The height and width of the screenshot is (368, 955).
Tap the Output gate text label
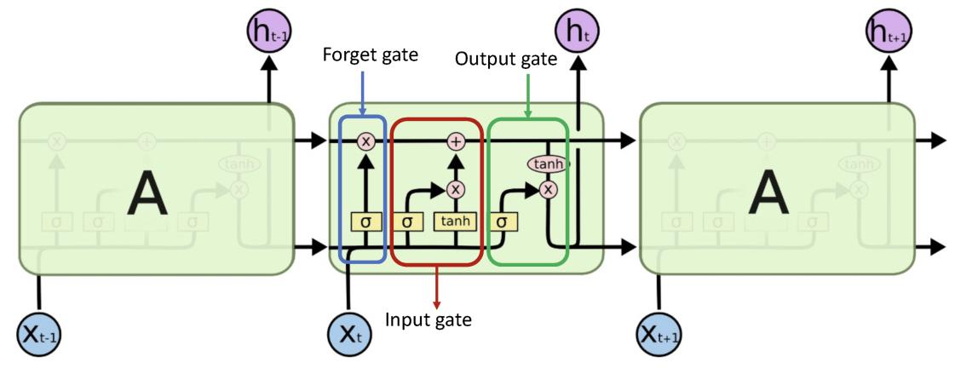click(x=505, y=60)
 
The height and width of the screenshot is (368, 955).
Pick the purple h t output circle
click(x=578, y=33)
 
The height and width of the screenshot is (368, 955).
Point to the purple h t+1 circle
click(x=887, y=33)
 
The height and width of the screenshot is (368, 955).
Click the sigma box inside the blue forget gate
click(x=365, y=221)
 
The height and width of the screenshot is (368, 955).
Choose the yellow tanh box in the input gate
click(x=456, y=221)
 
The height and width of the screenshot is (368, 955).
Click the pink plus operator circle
click(x=456, y=141)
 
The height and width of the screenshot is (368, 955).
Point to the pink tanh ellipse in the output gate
click(x=548, y=164)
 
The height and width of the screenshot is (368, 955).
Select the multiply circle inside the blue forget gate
click(x=365, y=141)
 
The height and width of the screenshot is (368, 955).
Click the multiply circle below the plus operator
click(x=456, y=189)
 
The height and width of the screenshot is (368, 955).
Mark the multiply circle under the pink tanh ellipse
click(x=548, y=189)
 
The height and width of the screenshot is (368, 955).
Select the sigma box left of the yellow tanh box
click(x=408, y=221)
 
